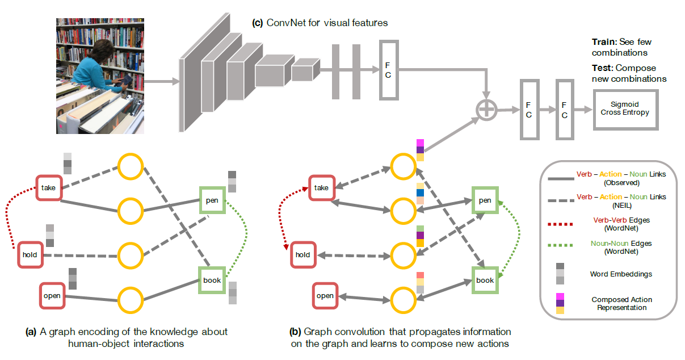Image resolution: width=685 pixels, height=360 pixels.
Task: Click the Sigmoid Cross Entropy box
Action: click(x=625, y=109)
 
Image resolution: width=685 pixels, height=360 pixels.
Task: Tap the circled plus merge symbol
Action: click(x=486, y=110)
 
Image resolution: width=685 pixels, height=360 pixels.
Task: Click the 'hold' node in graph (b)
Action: click(x=302, y=254)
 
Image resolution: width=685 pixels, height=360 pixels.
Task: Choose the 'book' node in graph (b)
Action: click(x=485, y=280)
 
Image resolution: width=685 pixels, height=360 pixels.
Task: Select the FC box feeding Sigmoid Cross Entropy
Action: click(x=564, y=110)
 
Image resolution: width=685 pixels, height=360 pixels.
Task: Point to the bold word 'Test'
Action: click(x=602, y=68)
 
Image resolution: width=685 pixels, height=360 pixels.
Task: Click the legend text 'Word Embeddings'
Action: click(x=621, y=274)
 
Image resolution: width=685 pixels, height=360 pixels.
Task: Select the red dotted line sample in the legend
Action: click(x=560, y=224)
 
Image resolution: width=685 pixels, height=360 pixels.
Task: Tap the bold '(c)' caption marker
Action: click(x=257, y=23)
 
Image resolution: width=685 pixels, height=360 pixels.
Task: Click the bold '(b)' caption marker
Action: click(x=296, y=332)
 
